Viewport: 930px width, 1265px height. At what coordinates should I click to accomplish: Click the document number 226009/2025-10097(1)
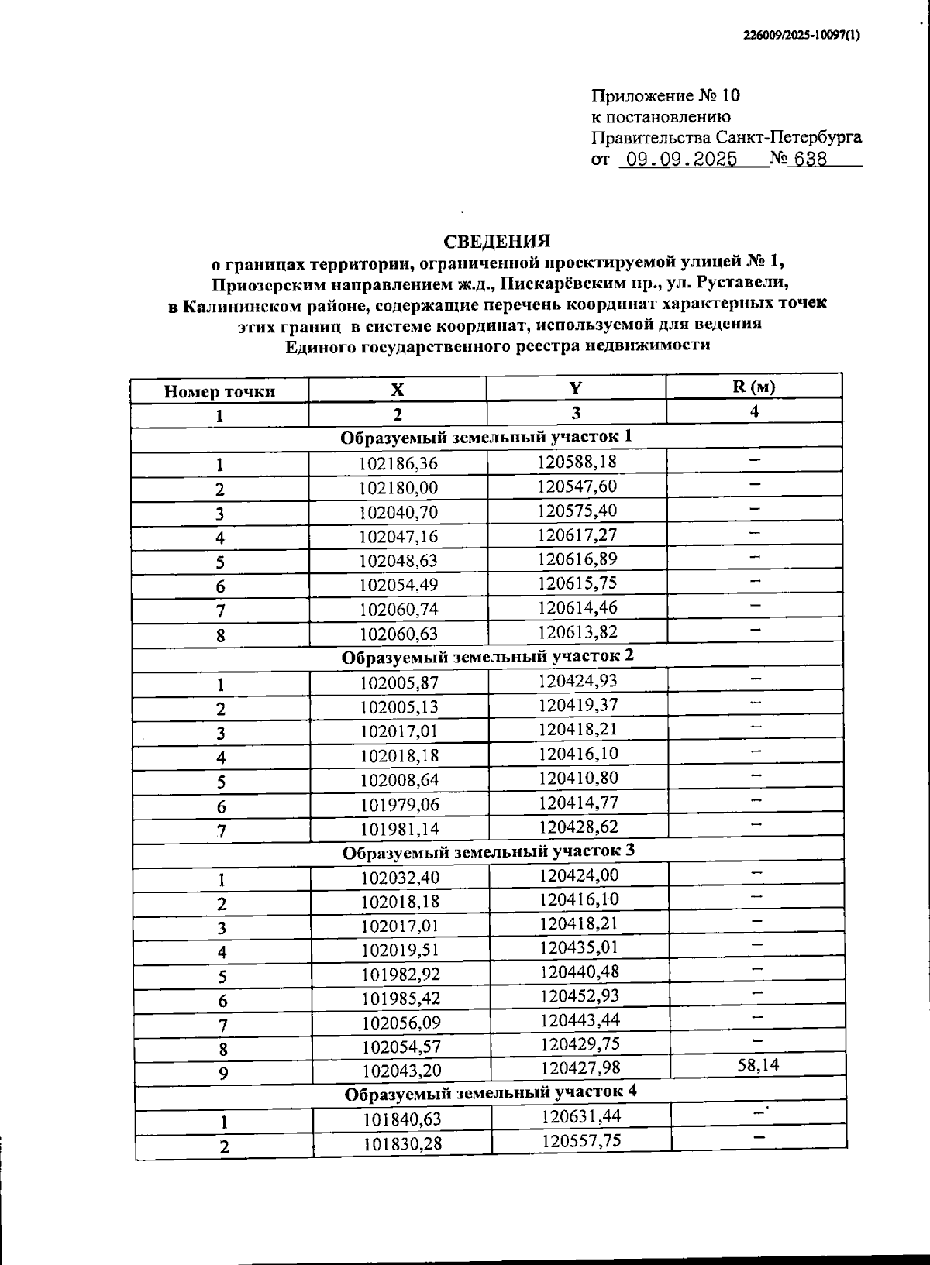[801, 35]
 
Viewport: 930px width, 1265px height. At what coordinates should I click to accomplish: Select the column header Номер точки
[219, 391]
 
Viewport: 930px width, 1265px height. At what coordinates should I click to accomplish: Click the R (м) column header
[753, 387]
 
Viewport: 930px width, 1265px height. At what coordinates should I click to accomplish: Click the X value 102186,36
[398, 464]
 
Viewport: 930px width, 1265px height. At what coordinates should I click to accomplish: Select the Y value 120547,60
[577, 486]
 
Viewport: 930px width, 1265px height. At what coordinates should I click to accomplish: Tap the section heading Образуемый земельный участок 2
[487, 655]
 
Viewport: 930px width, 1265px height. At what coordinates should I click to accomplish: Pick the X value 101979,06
[399, 806]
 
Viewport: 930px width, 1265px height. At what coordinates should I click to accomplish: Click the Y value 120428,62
[578, 827]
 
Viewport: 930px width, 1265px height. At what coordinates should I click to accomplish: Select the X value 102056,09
[401, 1023]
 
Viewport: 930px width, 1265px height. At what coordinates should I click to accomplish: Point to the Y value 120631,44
[580, 1116]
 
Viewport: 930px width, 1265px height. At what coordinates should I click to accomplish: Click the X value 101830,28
[402, 1143]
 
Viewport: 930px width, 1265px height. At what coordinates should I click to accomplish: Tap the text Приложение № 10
[666, 96]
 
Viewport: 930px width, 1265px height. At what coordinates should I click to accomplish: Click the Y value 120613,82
[577, 631]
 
